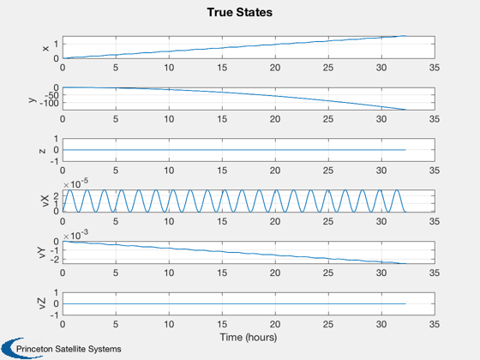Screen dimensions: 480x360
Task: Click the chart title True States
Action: coord(240,12)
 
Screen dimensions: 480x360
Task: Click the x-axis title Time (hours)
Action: coord(249,337)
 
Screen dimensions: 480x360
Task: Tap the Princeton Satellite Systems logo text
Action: coord(69,349)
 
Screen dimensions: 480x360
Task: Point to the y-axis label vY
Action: coord(42,253)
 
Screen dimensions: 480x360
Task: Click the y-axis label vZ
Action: coord(42,303)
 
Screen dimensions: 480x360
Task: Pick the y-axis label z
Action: coord(43,151)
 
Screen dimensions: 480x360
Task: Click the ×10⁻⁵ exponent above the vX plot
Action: coord(75,183)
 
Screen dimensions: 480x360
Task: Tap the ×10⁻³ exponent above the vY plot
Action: coord(75,235)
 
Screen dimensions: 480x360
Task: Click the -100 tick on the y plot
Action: coord(49,104)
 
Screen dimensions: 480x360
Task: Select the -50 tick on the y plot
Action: coord(51,95)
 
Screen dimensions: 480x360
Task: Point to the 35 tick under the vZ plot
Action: coord(435,324)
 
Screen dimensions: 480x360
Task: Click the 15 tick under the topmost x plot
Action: coord(222,68)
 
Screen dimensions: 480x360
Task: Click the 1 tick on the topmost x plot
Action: coord(56,44)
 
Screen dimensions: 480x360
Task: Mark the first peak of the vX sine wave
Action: coord(70,190)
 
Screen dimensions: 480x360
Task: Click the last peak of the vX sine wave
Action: coord(397,190)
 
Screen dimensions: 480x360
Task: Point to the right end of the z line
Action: coord(405,150)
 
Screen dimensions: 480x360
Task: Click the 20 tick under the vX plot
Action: coord(275,221)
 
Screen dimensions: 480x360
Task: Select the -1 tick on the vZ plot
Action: coord(54,315)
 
